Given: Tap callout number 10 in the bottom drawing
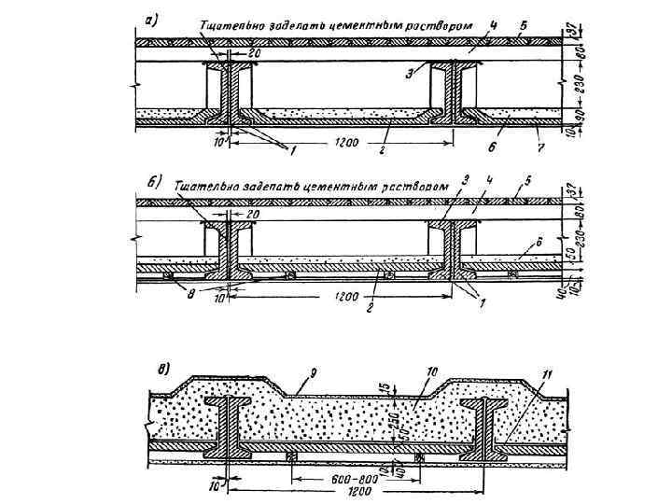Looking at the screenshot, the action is coord(431,371).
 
